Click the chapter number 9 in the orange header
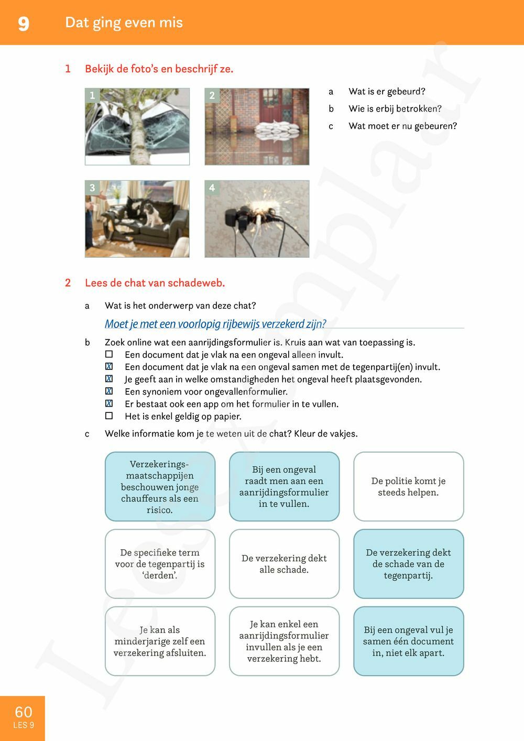point(24,24)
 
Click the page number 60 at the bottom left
point(24,712)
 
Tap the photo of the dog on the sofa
point(137,219)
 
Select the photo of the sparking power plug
point(257,219)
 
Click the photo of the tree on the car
point(137,126)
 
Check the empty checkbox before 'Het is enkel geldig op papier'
point(109,416)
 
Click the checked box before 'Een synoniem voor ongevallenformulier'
point(109,391)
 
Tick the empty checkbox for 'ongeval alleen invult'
point(109,355)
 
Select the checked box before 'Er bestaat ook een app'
point(109,404)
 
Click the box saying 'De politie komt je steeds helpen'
point(408,486)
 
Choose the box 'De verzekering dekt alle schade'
point(284,564)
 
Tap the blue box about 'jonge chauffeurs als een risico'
point(160,486)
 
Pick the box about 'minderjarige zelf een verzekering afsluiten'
point(160,641)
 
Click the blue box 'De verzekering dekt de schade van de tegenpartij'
point(408,564)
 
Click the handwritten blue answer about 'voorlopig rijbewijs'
point(215,324)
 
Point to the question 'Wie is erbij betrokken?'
point(395,108)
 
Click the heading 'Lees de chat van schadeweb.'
point(155,283)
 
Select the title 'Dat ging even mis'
point(124,23)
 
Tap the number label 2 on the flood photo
point(212,95)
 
